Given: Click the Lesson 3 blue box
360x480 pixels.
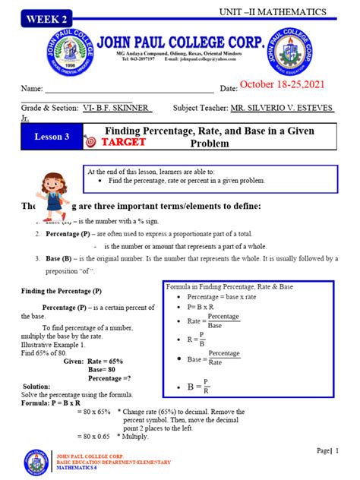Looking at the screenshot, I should pyautogui.click(x=52, y=137).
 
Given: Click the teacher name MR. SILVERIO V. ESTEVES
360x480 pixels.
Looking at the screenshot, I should pyautogui.click(x=282, y=109).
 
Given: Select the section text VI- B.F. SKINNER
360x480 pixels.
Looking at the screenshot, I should pyautogui.click(x=117, y=109).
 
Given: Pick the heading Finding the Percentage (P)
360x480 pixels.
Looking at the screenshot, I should pyautogui.click(x=62, y=291).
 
